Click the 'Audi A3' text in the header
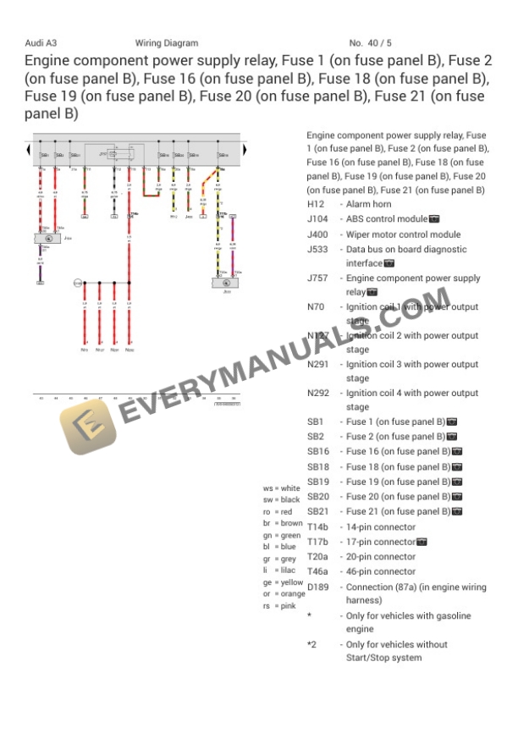(x=41, y=43)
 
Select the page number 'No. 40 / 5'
(x=370, y=43)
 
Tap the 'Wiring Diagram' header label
(x=166, y=43)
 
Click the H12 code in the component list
(x=315, y=205)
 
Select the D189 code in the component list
(x=317, y=587)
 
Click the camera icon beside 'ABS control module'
(x=434, y=220)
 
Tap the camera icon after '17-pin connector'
(x=422, y=543)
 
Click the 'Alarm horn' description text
(x=368, y=205)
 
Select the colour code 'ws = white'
(x=282, y=488)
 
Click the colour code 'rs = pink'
(x=279, y=606)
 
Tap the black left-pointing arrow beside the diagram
(x=29, y=151)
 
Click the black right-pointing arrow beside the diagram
(x=245, y=151)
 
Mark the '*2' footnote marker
(x=311, y=645)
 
